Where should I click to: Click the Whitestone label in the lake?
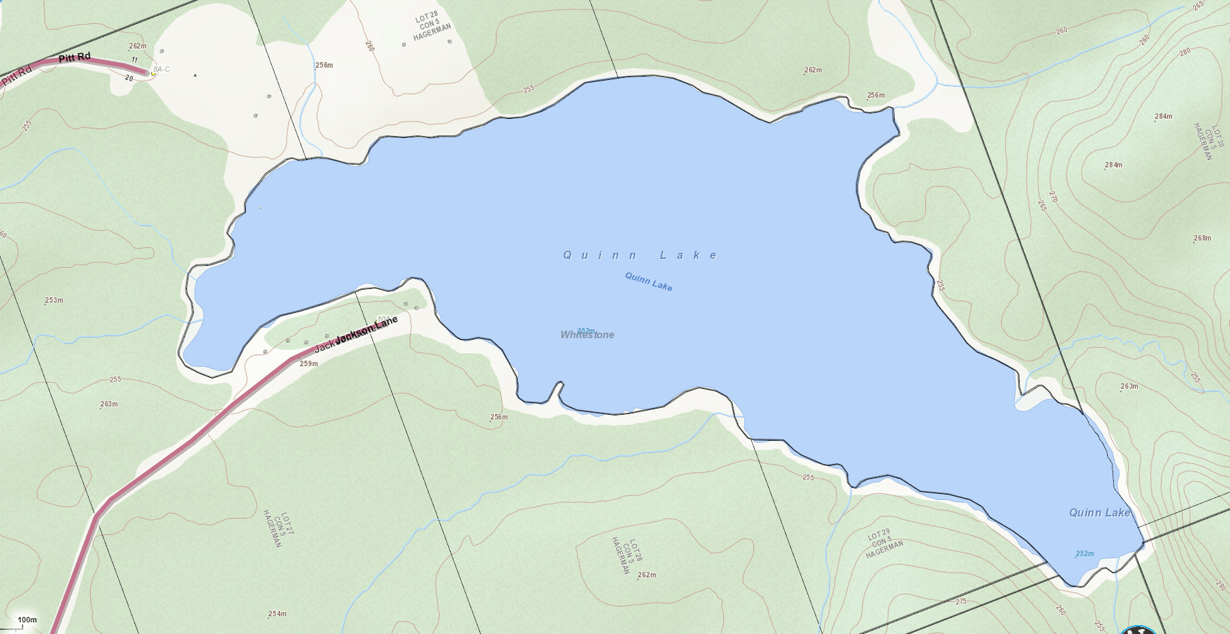587,335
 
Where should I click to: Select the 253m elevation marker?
54,301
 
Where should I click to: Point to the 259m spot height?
309,364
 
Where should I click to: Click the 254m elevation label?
277,614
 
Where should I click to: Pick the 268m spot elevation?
1202,238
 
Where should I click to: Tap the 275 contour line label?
961,602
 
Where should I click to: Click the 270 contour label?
1052,197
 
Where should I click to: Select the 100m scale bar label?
27,620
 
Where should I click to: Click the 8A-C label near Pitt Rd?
162,70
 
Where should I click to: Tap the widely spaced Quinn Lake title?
641,256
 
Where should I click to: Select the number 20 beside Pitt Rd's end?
129,78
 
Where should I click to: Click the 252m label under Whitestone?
586,331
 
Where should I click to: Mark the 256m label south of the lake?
499,417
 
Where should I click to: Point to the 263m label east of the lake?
1130,387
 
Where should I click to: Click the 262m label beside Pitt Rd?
138,46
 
